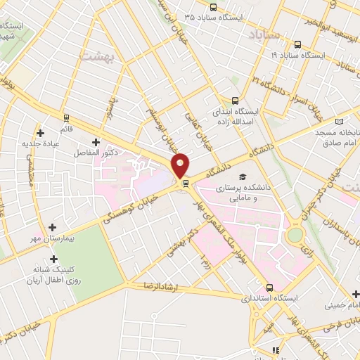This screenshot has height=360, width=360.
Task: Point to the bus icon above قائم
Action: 66,117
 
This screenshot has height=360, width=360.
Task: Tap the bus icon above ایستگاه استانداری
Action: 270,288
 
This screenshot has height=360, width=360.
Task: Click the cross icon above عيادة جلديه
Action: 41,132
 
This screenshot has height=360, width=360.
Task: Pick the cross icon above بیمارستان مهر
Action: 53,229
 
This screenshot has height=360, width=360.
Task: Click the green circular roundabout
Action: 295,233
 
